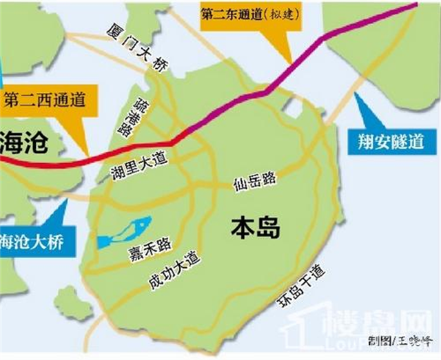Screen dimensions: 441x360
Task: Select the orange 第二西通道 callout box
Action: [43, 100]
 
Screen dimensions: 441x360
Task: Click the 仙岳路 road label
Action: [254, 180]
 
